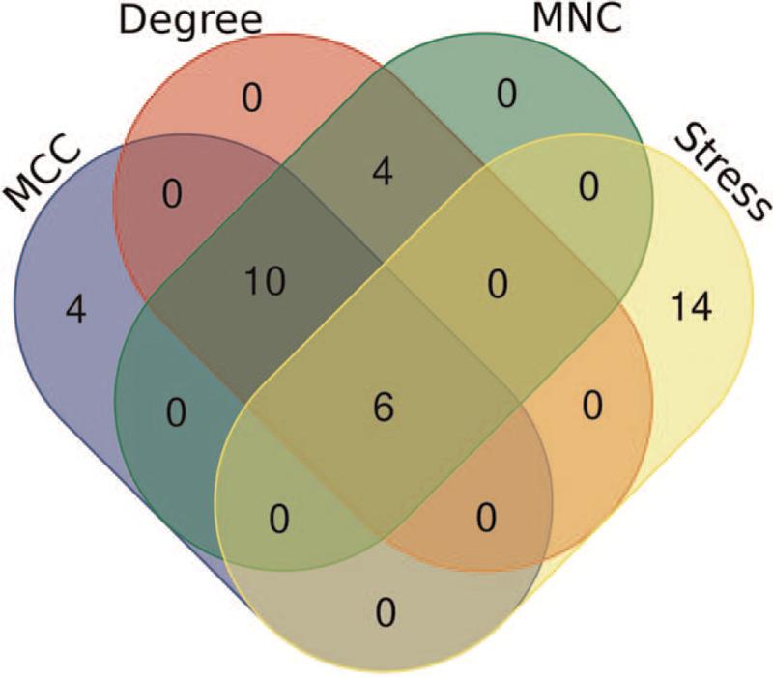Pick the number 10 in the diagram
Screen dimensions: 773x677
click(x=264, y=283)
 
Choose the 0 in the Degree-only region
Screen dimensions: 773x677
click(x=251, y=99)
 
